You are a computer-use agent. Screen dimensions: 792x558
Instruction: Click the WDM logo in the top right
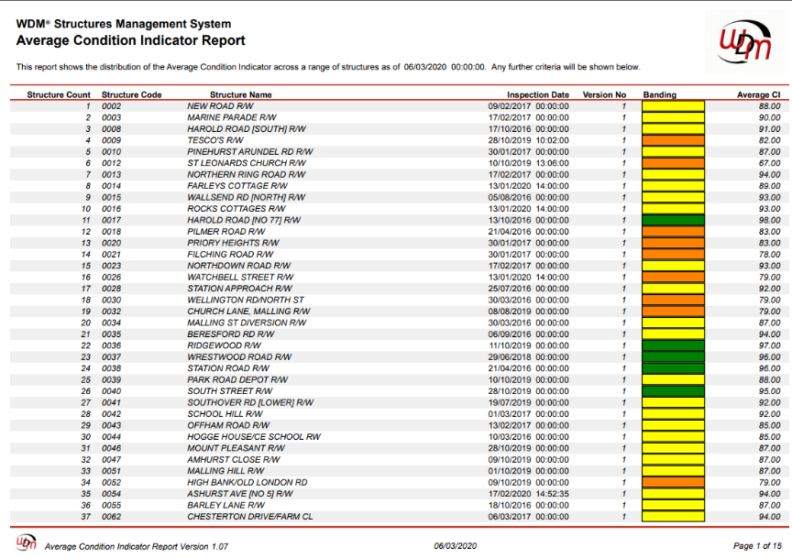(x=745, y=42)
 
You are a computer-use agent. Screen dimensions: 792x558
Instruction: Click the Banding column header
(x=660, y=95)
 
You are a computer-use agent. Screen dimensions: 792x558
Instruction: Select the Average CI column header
(x=758, y=95)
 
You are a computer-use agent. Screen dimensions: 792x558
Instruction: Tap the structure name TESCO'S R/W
(x=215, y=140)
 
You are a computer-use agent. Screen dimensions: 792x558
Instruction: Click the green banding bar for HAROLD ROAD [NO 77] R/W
(x=673, y=220)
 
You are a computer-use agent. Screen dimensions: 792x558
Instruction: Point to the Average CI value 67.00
(x=769, y=163)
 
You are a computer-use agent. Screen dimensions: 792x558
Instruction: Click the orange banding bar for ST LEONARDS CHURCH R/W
(x=673, y=163)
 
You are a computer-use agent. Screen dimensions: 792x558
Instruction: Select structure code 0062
(x=111, y=517)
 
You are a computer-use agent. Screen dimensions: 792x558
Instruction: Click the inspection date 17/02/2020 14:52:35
(x=528, y=494)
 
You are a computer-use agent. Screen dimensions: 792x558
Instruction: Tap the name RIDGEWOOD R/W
(x=225, y=345)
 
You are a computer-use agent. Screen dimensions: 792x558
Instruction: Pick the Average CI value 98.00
(x=769, y=220)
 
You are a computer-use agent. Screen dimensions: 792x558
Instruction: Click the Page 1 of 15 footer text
(x=757, y=546)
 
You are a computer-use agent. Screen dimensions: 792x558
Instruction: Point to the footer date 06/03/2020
(x=455, y=546)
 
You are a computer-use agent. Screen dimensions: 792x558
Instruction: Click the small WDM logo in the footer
(x=27, y=542)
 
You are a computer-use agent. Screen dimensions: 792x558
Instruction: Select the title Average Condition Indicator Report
(x=130, y=40)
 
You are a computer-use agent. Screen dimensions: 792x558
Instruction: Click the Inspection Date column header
(x=538, y=95)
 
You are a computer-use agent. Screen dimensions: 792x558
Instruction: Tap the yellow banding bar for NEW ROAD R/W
(x=673, y=106)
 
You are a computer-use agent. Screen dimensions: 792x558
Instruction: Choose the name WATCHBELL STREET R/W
(x=240, y=278)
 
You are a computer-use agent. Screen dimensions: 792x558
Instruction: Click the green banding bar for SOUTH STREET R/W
(x=673, y=391)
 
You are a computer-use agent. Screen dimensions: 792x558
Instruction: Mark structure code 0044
(x=111, y=437)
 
